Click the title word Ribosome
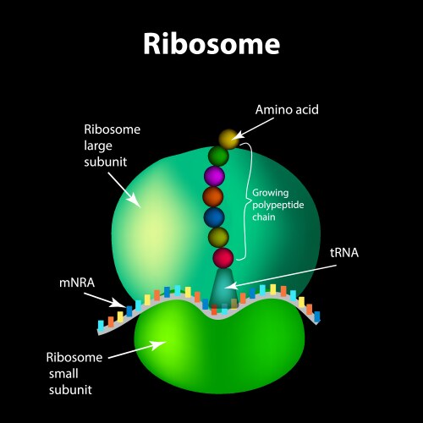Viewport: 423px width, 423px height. coord(211,43)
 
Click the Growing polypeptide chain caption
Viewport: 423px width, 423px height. coord(276,203)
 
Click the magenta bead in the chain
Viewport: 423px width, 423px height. coord(214,176)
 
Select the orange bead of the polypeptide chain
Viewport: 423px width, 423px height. coord(213,197)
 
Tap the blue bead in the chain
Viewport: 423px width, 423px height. coord(214,217)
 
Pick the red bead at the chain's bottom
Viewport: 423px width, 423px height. coord(222,257)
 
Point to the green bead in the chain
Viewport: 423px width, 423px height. coord(219,156)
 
